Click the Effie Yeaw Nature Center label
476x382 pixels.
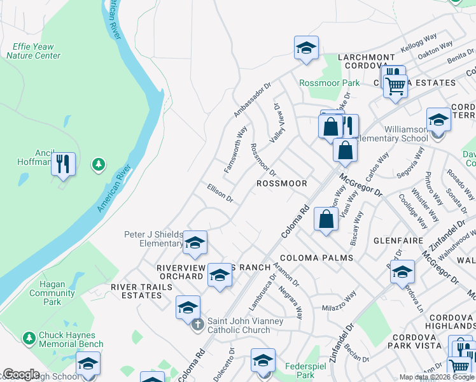(x=33, y=51)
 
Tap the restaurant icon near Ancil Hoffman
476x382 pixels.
(x=63, y=164)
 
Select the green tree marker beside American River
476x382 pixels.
(x=98, y=166)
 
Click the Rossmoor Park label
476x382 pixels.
(x=329, y=83)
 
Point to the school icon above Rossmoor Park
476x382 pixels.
(x=306, y=48)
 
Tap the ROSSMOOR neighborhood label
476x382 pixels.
(x=281, y=183)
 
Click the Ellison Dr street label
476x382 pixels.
(x=220, y=193)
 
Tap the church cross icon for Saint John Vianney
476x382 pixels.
(x=198, y=324)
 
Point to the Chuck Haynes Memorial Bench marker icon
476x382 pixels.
(x=28, y=337)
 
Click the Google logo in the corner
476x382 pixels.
(x=20, y=374)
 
